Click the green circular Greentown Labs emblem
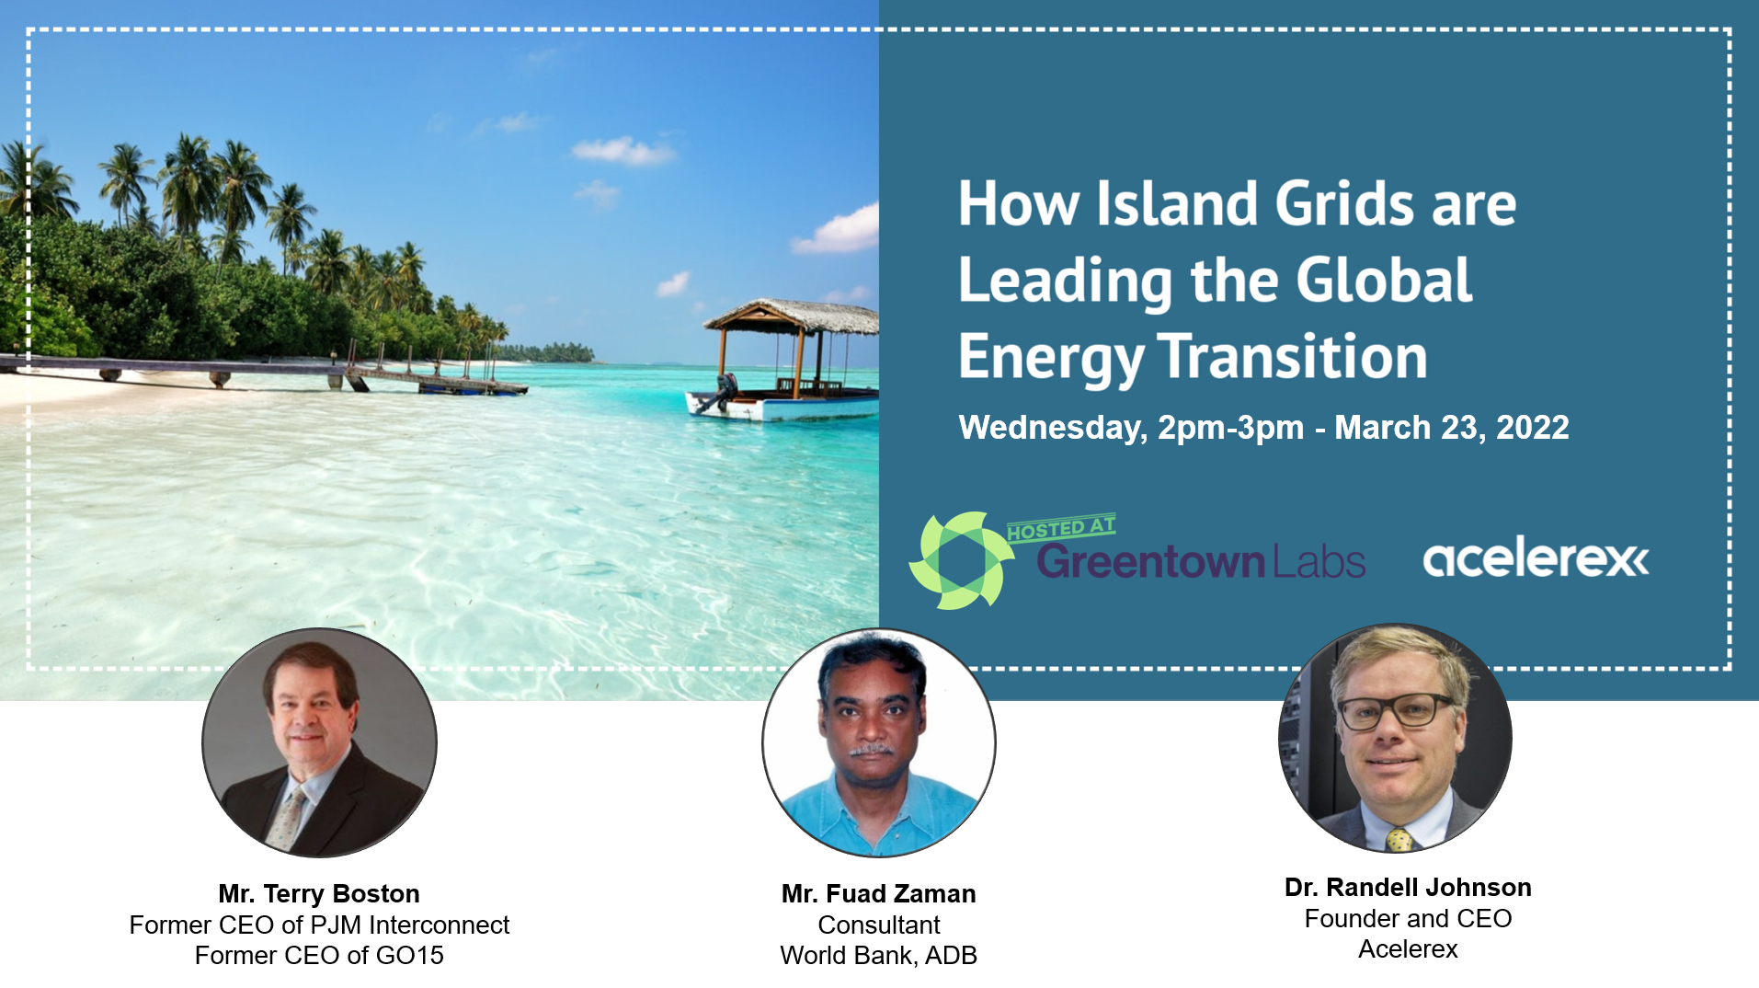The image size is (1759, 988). tap(961, 560)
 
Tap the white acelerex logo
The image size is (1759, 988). tap(1536, 558)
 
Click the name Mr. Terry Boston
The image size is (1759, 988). tap(319, 893)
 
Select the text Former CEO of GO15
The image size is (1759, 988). tap(319, 955)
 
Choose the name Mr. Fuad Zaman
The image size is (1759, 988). tap(878, 893)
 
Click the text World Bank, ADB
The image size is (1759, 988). tap(878, 956)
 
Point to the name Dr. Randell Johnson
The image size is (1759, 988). tap(1408, 887)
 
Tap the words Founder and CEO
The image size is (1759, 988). tap(1408, 918)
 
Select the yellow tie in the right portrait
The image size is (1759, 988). tap(1399, 839)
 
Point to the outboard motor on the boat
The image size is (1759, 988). tap(723, 392)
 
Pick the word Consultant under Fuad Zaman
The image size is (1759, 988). tap(879, 925)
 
